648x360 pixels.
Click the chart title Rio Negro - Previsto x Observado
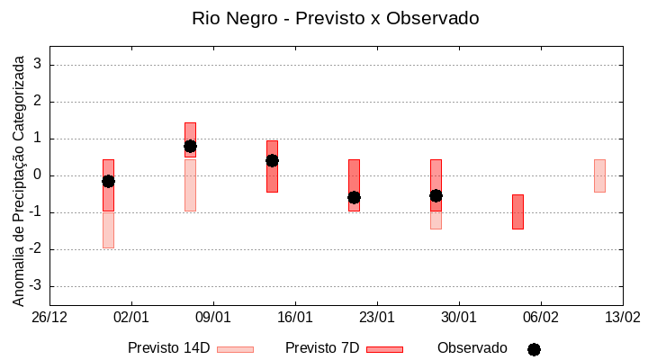click(335, 18)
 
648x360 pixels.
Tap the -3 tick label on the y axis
click(35, 286)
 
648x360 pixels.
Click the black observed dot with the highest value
click(190, 146)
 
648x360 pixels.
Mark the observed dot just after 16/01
click(354, 197)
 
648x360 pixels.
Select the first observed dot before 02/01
click(108, 181)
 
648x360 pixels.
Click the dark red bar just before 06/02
click(517, 211)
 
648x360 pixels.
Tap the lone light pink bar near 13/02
click(599, 175)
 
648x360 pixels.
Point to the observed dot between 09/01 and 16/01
click(272, 160)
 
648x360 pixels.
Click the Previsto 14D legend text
click(168, 348)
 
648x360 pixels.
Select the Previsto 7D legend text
click(322, 348)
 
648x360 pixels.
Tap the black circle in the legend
click(534, 349)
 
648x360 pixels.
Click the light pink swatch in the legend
click(235, 349)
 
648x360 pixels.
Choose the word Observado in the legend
click(472, 348)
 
